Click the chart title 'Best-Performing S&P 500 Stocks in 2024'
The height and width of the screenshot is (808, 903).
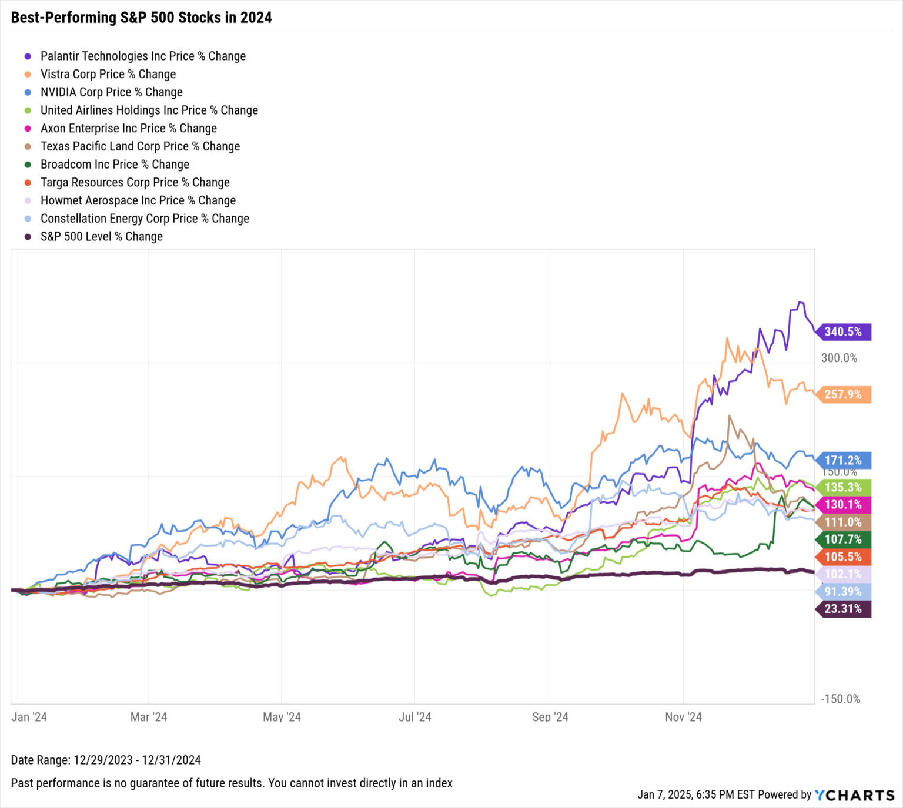pos(141,17)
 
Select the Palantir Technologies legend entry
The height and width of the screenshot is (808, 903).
pos(143,56)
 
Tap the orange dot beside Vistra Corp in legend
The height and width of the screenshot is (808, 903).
pos(28,75)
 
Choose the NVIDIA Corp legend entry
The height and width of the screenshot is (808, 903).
pos(111,92)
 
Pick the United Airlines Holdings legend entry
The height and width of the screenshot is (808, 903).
pos(149,110)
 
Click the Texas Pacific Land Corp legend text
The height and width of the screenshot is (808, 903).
pos(140,146)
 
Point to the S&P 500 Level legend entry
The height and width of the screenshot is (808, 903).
pos(101,237)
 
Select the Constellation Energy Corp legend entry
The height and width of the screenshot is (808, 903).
pos(145,219)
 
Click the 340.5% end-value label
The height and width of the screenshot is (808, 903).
pos(843,332)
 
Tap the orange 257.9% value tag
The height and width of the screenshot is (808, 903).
pos(843,394)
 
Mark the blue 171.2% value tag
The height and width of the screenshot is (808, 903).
pos(843,460)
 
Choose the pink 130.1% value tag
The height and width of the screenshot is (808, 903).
pos(843,505)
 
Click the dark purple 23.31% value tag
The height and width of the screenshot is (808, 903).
pos(843,609)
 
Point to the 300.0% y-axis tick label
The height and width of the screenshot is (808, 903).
pos(839,358)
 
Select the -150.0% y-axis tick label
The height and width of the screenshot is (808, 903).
pos(841,699)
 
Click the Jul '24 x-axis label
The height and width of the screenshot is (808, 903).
pos(415,717)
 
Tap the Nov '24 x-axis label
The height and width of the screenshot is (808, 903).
pos(683,717)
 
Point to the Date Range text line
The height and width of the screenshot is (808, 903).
pos(106,760)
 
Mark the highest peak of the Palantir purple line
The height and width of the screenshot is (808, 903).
pos(799,303)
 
